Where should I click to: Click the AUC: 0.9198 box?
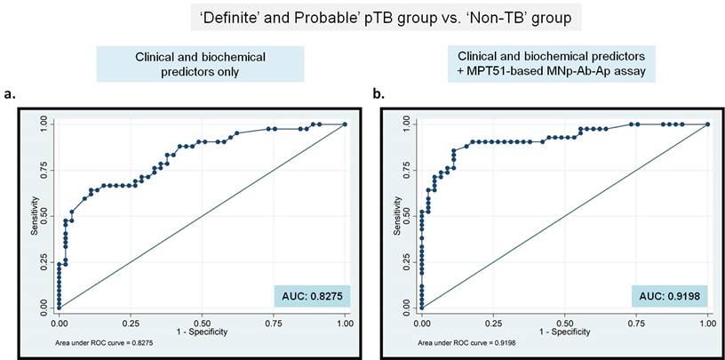[669, 295]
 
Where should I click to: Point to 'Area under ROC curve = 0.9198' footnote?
[445, 340]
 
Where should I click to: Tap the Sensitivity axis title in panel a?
[36, 216]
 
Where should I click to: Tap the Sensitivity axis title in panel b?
[398, 216]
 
